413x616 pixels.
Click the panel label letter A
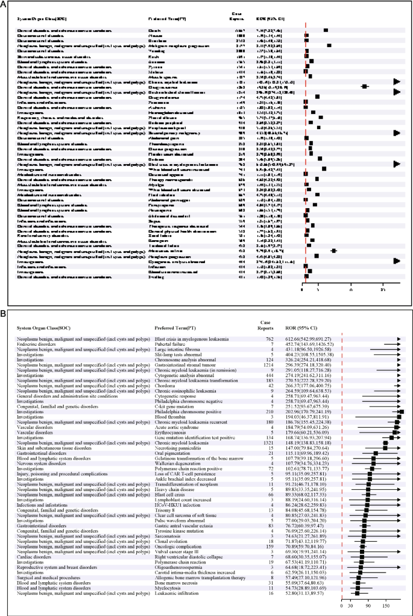5,5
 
